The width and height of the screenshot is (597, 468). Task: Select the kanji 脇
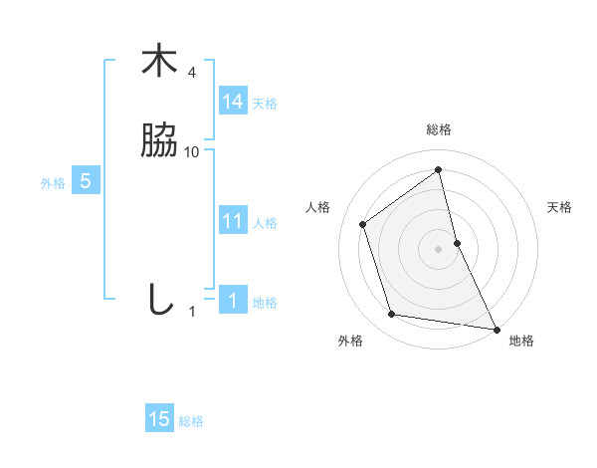159,141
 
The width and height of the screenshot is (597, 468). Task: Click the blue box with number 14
233,102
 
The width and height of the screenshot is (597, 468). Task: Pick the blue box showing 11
233,222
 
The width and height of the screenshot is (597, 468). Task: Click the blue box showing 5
86,182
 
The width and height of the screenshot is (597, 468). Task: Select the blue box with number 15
159,420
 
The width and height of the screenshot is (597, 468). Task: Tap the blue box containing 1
233,301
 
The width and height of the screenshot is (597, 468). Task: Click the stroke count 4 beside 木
192,73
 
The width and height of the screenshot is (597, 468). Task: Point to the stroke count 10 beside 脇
192,152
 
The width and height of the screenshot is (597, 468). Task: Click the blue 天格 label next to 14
265,104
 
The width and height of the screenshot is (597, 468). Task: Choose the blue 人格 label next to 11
265,223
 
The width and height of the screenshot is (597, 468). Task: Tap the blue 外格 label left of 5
53,183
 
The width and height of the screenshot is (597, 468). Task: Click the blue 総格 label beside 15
191,421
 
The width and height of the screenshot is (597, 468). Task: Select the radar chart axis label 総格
439,130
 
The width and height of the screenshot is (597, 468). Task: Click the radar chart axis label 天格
559,207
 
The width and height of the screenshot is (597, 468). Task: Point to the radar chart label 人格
318,207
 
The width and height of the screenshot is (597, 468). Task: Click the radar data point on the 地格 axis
496,328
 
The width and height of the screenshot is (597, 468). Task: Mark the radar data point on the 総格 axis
439,169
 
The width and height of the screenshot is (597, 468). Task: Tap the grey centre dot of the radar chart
439,248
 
